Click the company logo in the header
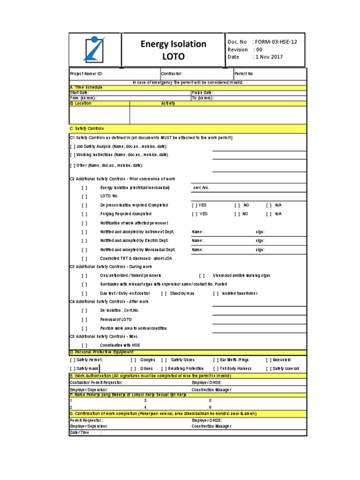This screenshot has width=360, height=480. click(x=95, y=49)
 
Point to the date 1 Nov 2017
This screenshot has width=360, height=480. click(x=269, y=57)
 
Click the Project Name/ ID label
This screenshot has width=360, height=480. click(x=86, y=74)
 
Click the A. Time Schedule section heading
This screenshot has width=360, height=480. click(x=86, y=88)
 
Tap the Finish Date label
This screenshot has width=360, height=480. click(x=202, y=93)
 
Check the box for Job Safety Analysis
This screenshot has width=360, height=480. click(x=73, y=147)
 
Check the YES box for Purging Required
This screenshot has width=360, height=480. click(x=195, y=214)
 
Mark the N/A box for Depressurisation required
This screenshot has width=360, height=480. click(x=270, y=205)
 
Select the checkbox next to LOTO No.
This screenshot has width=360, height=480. click(x=84, y=196)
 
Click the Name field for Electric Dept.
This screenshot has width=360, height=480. click(x=198, y=240)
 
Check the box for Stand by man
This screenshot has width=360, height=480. click(x=164, y=293)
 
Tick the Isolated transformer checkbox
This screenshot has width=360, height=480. click(x=216, y=293)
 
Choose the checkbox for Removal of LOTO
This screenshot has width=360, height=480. click(x=84, y=319)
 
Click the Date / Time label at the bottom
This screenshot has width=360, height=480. click(x=79, y=433)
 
